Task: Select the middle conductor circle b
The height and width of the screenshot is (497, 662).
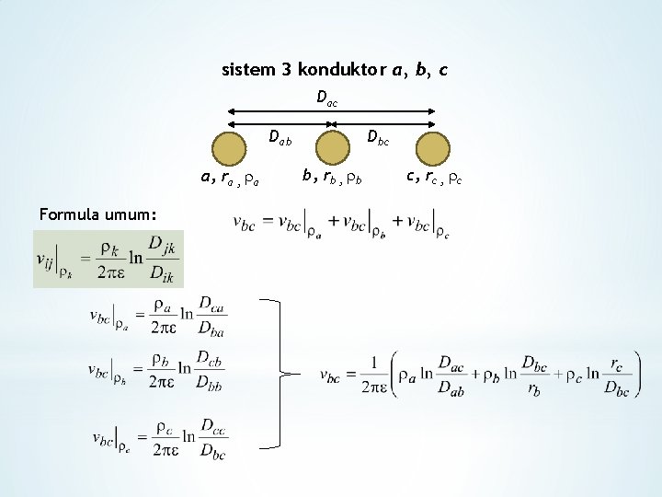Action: coord(330,148)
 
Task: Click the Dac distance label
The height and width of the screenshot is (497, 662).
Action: coord(326,98)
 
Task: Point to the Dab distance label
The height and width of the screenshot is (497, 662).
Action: coord(280,139)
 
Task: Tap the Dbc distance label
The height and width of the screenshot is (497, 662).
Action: coord(378,138)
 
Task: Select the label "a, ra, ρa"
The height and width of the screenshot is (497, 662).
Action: coord(230,179)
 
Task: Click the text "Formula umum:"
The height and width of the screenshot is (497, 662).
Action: coord(91,214)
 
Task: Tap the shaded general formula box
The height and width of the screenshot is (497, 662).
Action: coord(108,259)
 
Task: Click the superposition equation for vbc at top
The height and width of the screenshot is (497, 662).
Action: coord(341,225)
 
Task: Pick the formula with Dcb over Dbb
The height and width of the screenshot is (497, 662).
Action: coord(157,371)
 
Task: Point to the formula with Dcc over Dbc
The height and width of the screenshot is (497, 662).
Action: coord(158,438)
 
